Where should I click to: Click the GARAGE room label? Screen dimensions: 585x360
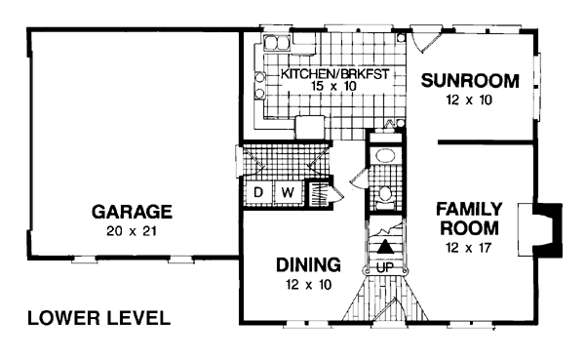132,212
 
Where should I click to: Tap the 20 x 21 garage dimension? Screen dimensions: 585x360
132,231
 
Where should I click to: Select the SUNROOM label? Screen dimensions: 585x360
470,81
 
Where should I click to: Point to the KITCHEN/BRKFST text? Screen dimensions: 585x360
334,73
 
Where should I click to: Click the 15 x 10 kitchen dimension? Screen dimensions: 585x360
333,86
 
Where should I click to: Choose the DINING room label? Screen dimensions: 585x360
308,264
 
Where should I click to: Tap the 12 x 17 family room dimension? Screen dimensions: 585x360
469,247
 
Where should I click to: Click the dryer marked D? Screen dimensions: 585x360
258,192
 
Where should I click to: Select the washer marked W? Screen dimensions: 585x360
288,192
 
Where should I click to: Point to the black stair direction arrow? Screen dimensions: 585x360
384,247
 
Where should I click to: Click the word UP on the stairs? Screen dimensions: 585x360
385,267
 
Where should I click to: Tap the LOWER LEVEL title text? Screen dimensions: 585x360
98,318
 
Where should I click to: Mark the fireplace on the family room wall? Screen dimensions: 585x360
540,229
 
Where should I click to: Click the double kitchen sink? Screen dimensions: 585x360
277,43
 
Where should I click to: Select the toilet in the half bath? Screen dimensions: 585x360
385,198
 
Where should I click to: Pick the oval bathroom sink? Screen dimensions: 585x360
386,155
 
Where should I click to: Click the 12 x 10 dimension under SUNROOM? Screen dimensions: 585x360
469,100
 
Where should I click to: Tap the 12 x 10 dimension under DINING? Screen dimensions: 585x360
308,285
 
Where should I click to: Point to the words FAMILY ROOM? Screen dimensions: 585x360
469,219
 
